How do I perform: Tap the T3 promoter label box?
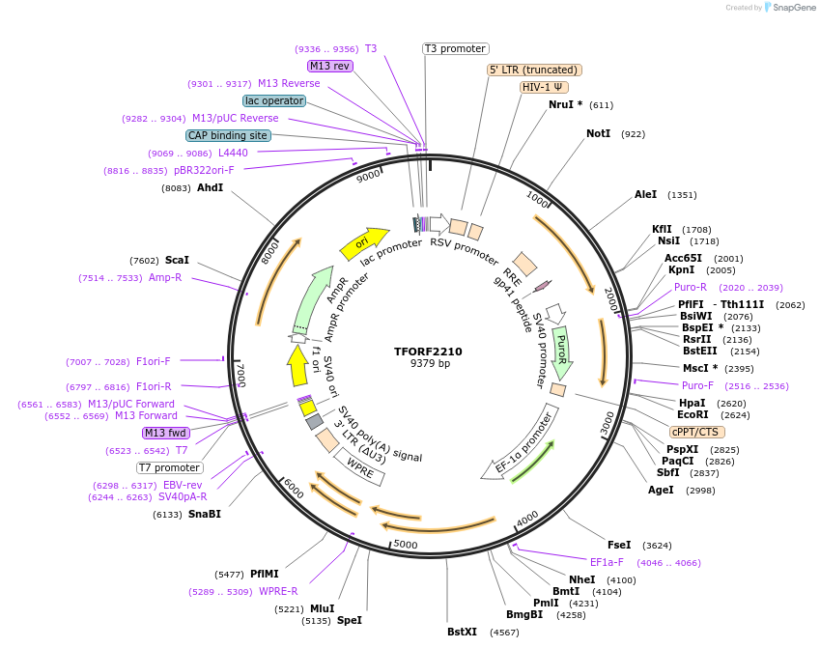coord(456,48)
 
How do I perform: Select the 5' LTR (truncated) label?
coord(533,70)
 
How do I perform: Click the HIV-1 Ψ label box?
coord(544,87)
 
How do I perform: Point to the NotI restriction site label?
coord(599,133)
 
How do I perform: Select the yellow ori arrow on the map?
coord(364,242)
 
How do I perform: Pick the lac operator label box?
coord(275,100)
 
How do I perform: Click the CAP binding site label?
coord(228,136)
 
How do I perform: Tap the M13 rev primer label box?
coord(329,66)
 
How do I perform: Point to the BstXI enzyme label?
coord(462,633)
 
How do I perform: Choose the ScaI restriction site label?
coord(177,260)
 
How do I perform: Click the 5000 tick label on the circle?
coord(405,545)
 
